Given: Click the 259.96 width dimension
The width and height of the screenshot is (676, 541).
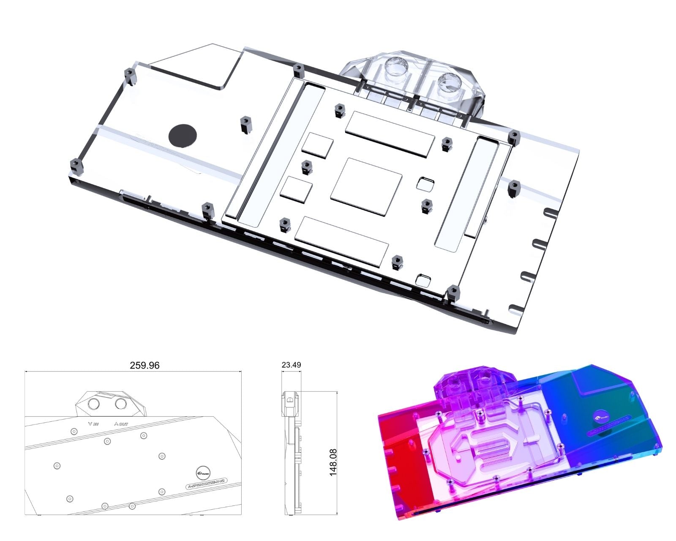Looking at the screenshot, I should click(x=145, y=365).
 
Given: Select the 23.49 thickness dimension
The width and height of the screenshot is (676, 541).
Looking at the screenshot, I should click(x=292, y=365).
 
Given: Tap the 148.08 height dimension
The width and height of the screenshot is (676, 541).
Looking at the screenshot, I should click(x=333, y=463).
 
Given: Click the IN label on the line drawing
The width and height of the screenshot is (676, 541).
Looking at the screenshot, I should click(x=93, y=424).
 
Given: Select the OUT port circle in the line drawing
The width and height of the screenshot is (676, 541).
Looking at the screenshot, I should click(x=121, y=404).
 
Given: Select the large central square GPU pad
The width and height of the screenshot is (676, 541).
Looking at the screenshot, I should click(x=366, y=185).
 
